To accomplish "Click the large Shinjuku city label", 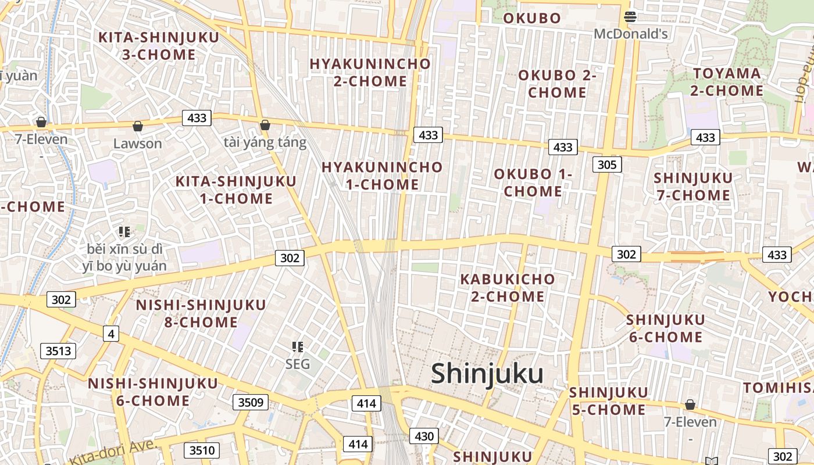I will coord(487,374).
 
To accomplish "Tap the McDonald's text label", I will coord(630,34).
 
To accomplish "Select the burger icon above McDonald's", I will coord(630,17).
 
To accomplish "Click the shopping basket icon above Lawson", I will coord(138,126).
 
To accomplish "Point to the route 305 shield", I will coord(606,164).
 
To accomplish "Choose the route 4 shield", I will coord(111,334).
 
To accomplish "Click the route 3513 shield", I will coord(58,350).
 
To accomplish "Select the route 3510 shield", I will coord(202,450).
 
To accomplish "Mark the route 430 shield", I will coord(424,436).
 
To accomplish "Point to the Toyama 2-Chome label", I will coord(727,82).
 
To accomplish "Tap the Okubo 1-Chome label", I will coord(533,183).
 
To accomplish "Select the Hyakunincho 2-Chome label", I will coord(370,72).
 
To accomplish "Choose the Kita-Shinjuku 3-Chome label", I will coord(159,46).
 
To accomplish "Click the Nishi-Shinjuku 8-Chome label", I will coord(201,313).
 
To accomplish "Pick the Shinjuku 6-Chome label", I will coord(665,328).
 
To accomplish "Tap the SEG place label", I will coord(298,364).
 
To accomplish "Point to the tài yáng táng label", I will coord(265,142).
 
